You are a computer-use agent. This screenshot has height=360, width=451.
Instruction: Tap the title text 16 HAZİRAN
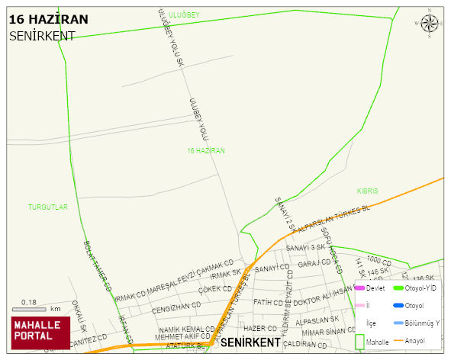[48, 19]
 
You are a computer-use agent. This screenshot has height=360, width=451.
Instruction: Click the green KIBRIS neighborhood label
[367, 191]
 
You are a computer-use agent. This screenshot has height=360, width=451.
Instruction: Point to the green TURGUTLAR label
[48, 207]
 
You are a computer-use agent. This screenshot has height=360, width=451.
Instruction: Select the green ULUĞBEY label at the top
[183, 14]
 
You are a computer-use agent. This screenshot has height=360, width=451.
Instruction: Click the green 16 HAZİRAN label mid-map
[206, 151]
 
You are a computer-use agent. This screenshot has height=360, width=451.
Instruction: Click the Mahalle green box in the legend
[359, 342]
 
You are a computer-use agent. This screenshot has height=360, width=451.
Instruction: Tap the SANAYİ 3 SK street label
[305, 248]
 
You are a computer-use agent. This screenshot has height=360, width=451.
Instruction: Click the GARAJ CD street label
[314, 264]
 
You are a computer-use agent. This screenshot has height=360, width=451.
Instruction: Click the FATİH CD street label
[268, 302]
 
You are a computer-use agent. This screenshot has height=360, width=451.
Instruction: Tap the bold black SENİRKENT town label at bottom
[254, 343]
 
